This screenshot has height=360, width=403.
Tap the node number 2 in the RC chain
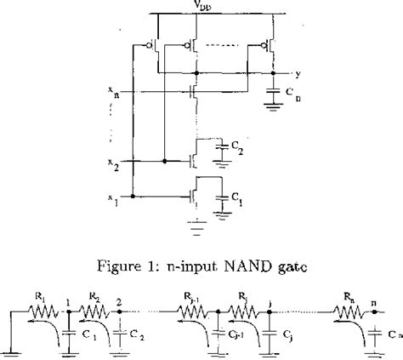pyautogui.click(x=118, y=300)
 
